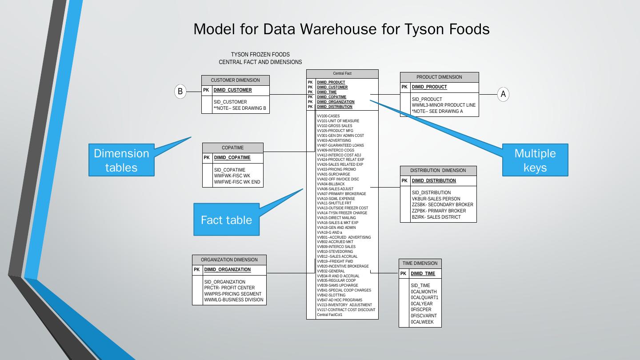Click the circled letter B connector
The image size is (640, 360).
click(180, 92)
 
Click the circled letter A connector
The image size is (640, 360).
click(503, 94)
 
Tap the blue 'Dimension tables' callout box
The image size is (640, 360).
click(121, 160)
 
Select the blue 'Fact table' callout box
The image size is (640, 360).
click(226, 220)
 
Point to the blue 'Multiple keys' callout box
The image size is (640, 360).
click(535, 160)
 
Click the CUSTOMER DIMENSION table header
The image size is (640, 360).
click(235, 80)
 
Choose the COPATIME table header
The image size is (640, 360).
click(232, 148)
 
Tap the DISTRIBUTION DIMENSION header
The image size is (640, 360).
click(438, 171)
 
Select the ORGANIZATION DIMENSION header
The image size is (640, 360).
click(229, 260)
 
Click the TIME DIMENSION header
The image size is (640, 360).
click(420, 264)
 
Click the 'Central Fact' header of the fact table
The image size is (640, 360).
click(342, 74)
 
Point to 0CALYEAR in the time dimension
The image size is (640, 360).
click(421, 304)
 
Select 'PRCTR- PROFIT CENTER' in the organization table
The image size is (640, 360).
click(229, 288)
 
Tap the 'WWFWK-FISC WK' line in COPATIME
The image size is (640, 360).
click(232, 176)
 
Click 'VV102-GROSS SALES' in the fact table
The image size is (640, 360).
click(334, 126)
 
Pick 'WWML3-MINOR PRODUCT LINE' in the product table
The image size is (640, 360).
click(444, 105)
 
